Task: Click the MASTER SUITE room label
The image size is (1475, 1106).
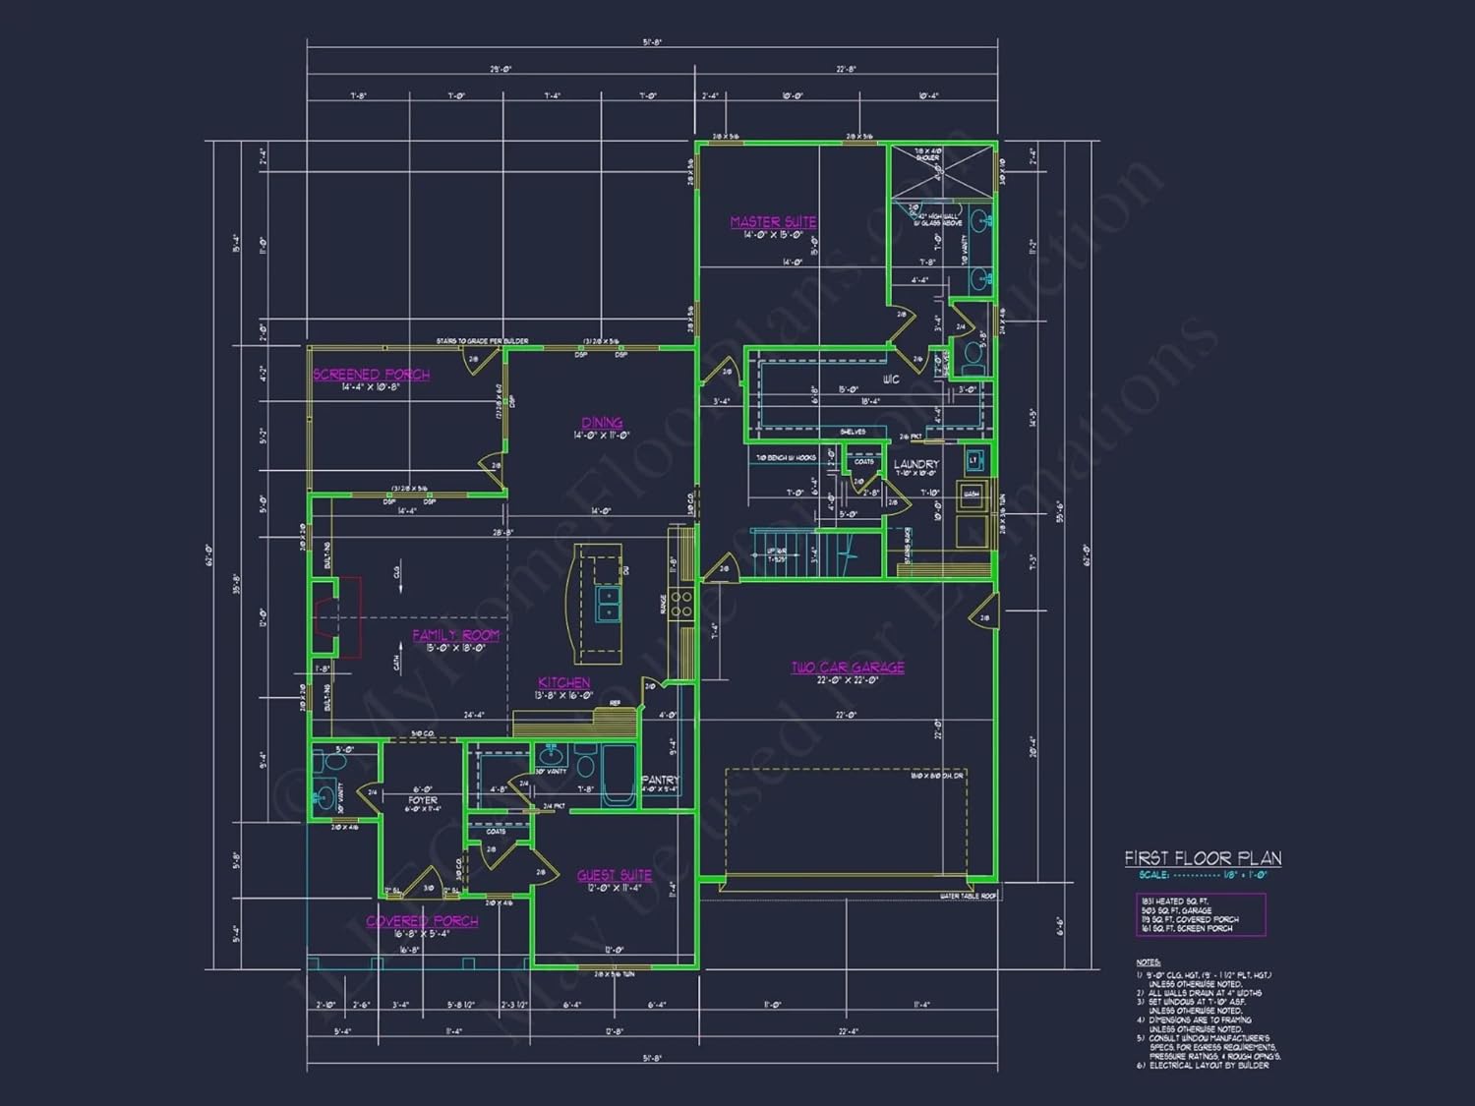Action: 773,222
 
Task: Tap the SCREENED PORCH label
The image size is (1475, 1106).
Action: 371,375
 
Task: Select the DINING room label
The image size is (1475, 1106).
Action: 602,423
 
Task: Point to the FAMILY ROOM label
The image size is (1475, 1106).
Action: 455,635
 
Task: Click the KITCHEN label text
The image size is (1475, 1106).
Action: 563,682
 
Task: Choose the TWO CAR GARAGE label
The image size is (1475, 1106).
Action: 848,668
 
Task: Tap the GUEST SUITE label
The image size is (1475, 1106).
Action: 614,875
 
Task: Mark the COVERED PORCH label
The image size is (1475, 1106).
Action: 422,921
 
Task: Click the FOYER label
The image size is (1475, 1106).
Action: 423,800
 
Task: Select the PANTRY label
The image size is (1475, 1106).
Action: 660,780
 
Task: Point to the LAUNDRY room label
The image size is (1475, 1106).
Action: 915,464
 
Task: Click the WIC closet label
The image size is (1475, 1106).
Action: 891,379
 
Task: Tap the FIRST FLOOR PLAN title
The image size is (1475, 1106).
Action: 1203,858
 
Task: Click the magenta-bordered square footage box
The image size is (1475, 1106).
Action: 1201,914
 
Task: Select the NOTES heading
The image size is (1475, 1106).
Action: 1148,962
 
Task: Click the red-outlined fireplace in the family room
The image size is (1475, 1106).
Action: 338,617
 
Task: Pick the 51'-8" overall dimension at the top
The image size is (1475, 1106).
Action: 652,42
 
